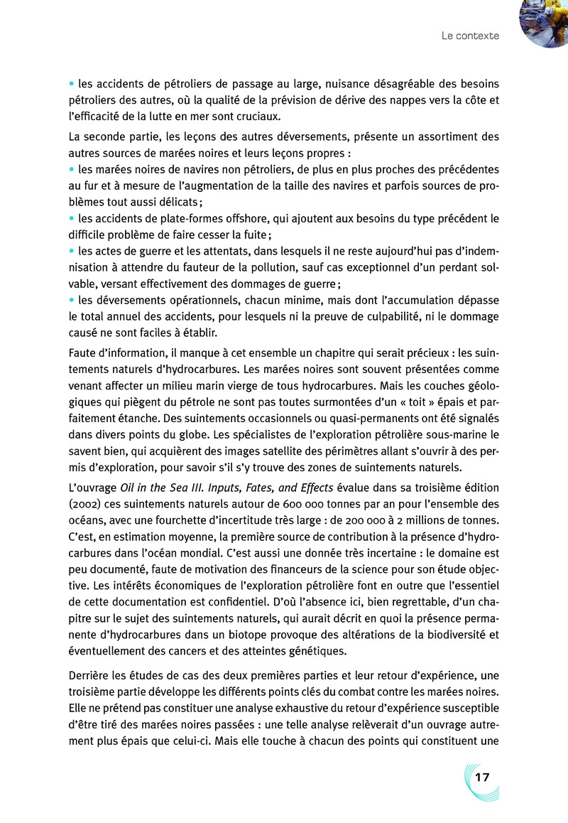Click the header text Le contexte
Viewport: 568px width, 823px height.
click(470, 35)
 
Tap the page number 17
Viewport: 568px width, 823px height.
click(482, 777)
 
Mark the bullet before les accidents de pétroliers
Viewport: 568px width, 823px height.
click(72, 83)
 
